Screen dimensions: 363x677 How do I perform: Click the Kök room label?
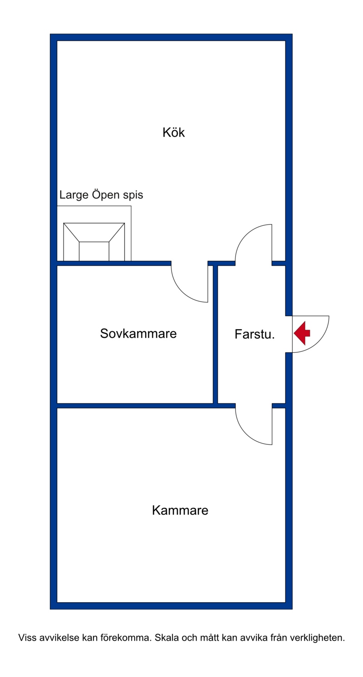click(174, 132)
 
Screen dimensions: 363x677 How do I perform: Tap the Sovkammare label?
click(138, 333)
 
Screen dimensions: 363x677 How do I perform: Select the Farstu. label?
click(255, 334)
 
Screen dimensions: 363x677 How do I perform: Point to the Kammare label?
click(180, 511)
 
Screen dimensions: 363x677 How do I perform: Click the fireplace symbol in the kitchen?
click(94, 242)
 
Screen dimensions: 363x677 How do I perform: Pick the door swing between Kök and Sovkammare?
click(190, 282)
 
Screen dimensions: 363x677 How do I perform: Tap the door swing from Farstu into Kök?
click(254, 243)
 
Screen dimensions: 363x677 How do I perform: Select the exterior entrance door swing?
click(311, 334)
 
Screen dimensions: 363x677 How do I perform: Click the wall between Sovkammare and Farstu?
click(216, 335)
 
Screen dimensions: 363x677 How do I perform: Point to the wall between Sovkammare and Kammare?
click(135, 405)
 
